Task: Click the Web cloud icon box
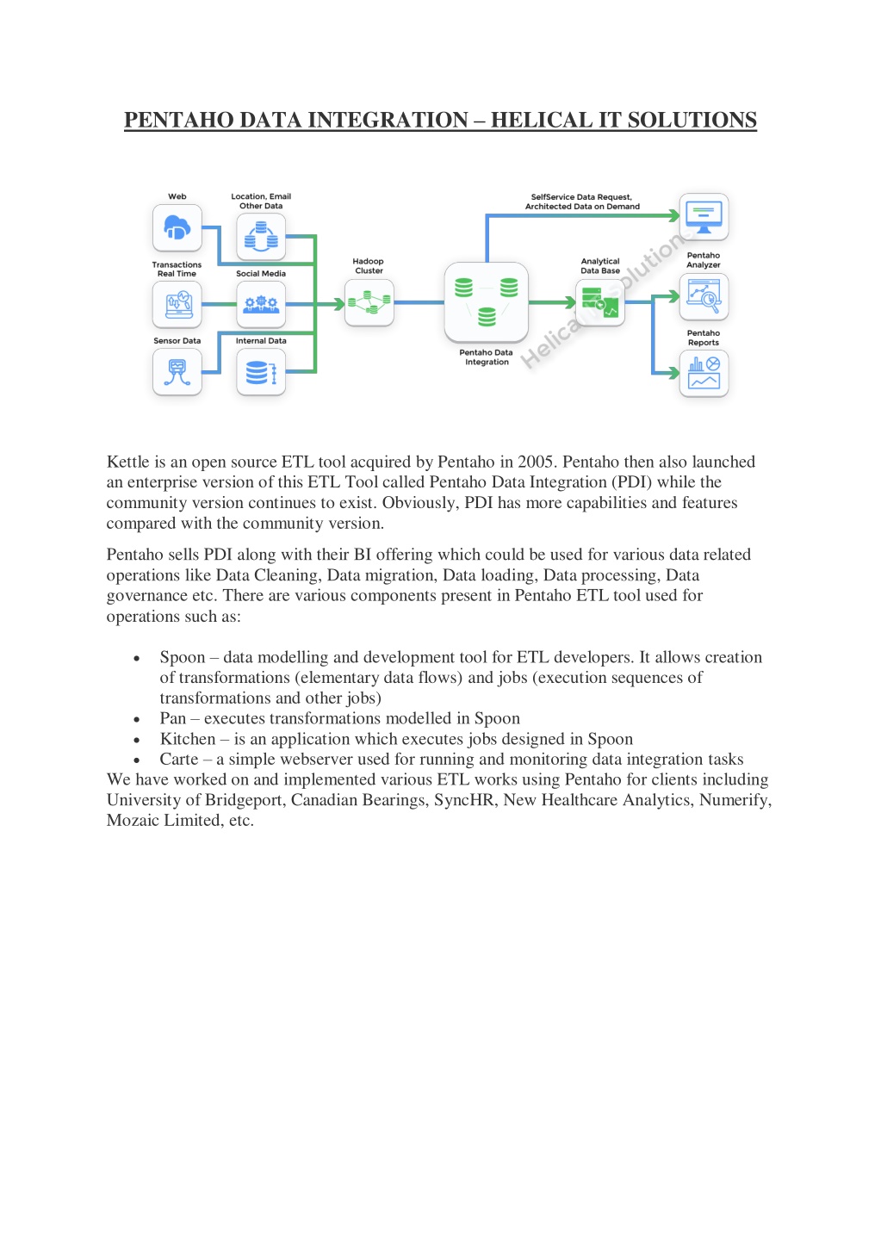click(177, 227)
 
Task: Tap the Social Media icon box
click(261, 304)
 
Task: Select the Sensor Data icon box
click(177, 372)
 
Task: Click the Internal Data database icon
click(261, 372)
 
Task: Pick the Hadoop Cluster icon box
click(369, 303)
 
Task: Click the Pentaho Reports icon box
click(704, 374)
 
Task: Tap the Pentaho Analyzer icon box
click(704, 297)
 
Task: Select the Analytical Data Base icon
click(600, 303)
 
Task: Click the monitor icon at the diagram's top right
click(704, 216)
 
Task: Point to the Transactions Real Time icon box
click(177, 304)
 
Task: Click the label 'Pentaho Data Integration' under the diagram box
click(487, 357)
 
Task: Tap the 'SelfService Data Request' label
click(581, 197)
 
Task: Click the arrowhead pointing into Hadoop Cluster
click(339, 304)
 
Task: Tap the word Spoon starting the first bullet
click(183, 657)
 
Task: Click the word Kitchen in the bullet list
click(188, 739)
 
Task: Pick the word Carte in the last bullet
click(178, 760)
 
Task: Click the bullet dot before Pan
click(136, 720)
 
